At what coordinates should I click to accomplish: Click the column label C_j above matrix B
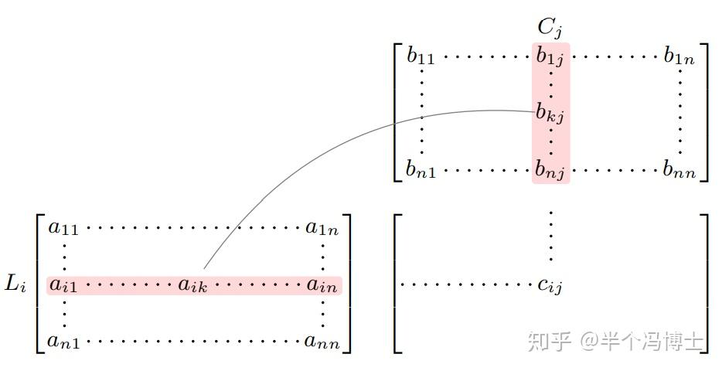[550, 28]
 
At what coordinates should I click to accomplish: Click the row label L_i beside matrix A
[15, 284]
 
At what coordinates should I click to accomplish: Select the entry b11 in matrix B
[421, 56]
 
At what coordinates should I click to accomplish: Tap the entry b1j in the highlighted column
[550, 56]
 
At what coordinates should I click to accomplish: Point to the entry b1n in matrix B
[679, 56]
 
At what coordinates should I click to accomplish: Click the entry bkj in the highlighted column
[550, 113]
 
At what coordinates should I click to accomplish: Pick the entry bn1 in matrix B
[421, 170]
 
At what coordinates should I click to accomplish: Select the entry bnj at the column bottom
[550, 170]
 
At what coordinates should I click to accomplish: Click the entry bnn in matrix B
[679, 170]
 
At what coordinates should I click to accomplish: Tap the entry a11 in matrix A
[63, 227]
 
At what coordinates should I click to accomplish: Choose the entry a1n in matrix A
[322, 227]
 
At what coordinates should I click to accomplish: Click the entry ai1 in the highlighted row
[63, 285]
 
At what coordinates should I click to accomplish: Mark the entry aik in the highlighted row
[193, 285]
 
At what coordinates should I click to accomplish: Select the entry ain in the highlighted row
[322, 285]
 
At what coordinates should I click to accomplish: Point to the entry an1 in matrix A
[63, 341]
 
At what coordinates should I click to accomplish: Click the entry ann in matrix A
[322, 341]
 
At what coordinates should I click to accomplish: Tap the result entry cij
[550, 286]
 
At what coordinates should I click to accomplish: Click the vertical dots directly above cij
[550, 236]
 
